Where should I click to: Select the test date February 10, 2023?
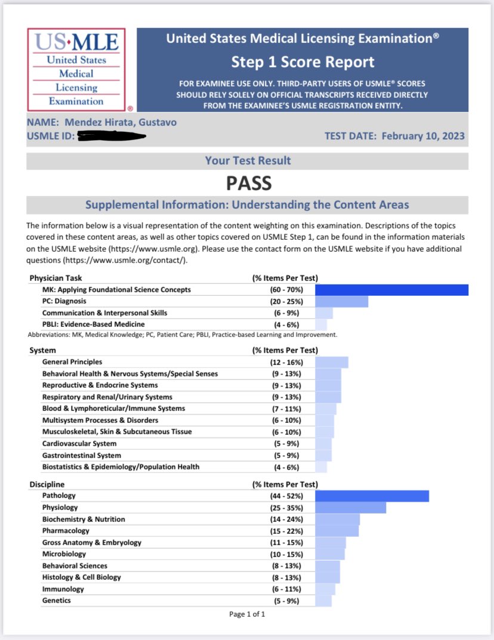tap(423, 136)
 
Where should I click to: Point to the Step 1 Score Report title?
tap(302, 62)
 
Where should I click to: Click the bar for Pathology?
tap(372, 496)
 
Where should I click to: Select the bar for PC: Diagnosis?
tap(341, 302)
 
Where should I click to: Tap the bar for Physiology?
tap(350, 508)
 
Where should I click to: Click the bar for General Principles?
tap(331, 362)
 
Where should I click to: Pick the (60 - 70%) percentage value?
tap(286, 290)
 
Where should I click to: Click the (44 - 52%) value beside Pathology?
tap(286, 496)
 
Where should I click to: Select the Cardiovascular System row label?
tap(79, 444)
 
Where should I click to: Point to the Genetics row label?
tap(56, 601)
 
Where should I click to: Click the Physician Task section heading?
tap(56, 278)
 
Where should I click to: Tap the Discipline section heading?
tap(47, 484)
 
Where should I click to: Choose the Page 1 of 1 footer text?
tap(247, 614)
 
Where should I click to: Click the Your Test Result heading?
tap(248, 160)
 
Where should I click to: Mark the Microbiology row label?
tap(64, 554)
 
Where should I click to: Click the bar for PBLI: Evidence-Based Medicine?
tap(321, 325)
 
